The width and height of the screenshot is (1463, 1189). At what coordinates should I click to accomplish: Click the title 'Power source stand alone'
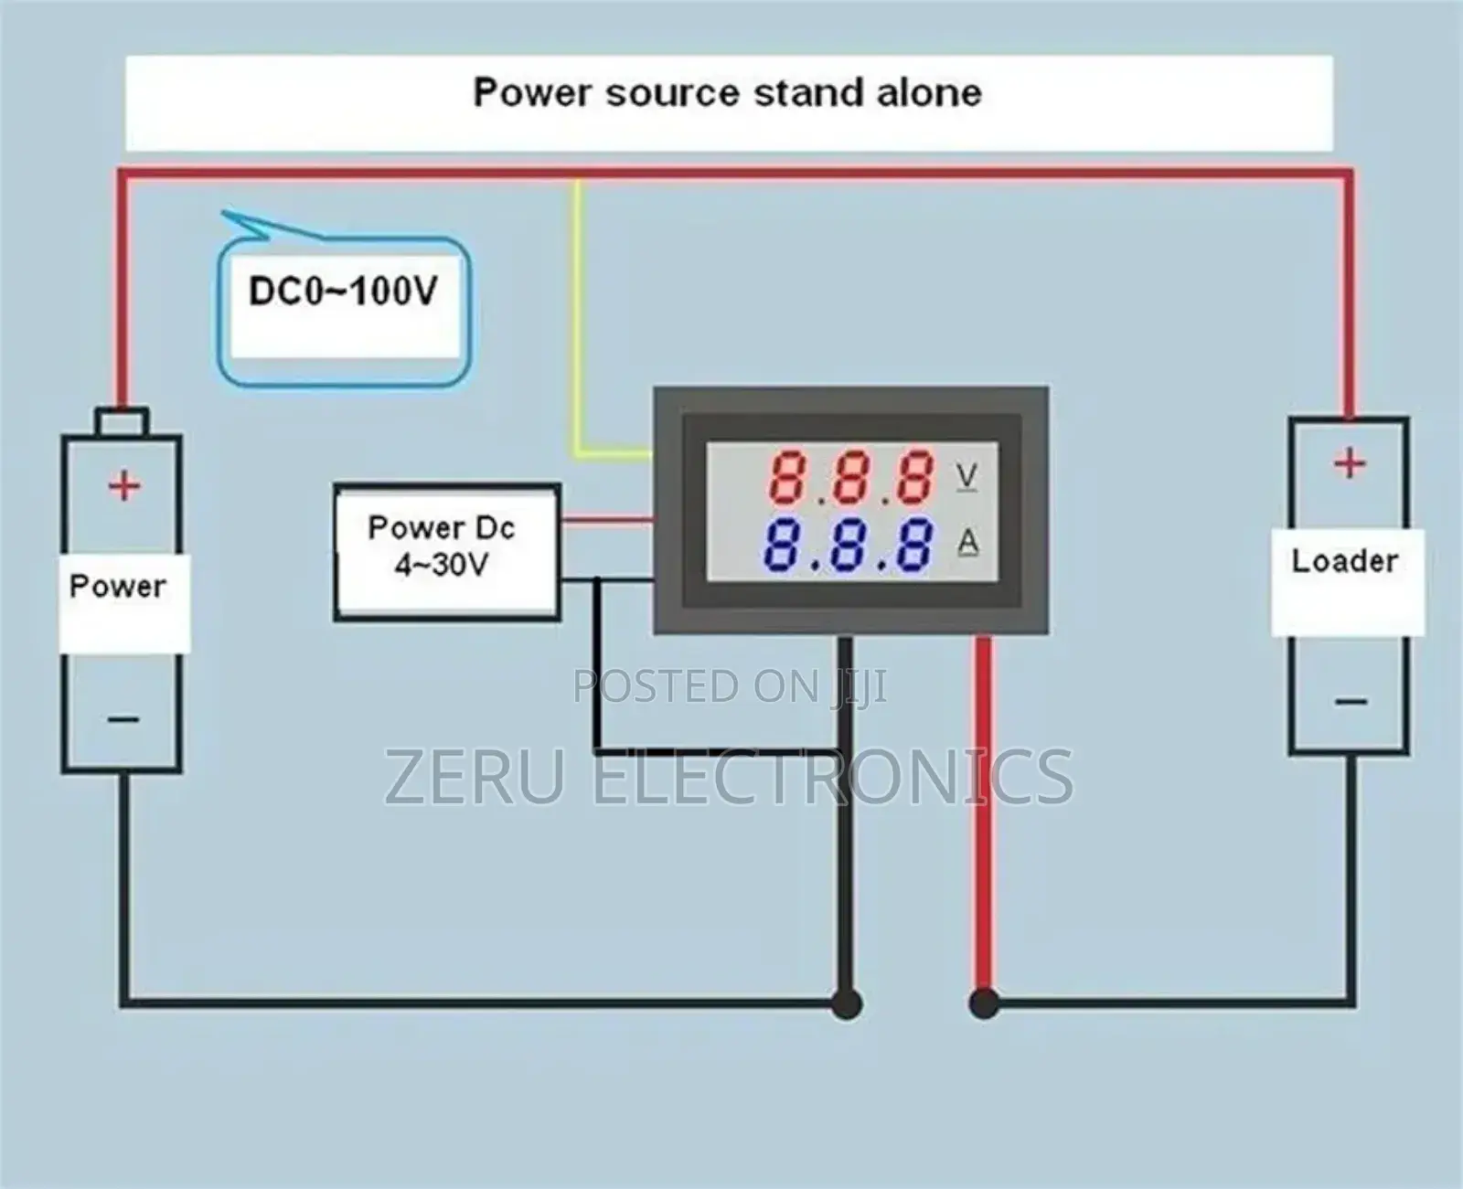(x=727, y=93)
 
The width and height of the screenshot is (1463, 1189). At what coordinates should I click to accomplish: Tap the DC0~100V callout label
(x=343, y=292)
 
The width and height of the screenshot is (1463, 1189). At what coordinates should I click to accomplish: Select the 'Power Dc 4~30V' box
(x=446, y=553)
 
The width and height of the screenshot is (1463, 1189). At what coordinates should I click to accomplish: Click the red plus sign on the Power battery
(x=124, y=485)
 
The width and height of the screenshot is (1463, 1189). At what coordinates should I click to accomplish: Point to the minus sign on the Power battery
(x=123, y=719)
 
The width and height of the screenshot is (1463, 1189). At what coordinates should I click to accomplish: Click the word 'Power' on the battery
(x=118, y=586)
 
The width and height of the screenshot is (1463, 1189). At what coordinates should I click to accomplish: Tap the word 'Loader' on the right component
(x=1344, y=560)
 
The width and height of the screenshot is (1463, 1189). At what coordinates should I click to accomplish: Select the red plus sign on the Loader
(x=1349, y=463)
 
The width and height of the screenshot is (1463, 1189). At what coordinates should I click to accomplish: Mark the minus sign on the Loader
(x=1351, y=702)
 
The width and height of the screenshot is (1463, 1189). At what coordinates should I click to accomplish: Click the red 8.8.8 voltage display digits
(x=850, y=477)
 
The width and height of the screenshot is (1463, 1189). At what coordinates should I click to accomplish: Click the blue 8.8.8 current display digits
(x=849, y=545)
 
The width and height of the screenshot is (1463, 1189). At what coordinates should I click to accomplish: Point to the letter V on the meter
(x=966, y=476)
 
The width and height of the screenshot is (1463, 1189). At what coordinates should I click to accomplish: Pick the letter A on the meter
(x=967, y=544)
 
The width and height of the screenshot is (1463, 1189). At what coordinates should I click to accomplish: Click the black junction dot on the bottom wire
(x=847, y=1003)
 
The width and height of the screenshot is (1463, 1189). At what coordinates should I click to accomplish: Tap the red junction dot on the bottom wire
(x=983, y=1003)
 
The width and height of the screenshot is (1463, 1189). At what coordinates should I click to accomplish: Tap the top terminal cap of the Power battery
(x=122, y=422)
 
